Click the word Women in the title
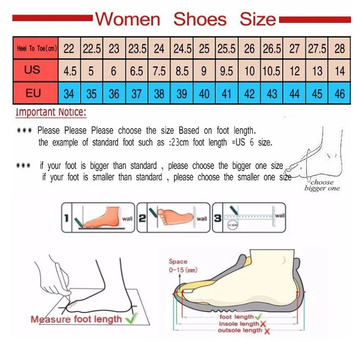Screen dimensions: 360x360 tap(128, 19)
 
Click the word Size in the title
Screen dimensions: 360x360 tap(257, 19)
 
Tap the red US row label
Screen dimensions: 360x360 tap(33, 71)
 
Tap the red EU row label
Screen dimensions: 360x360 tap(33, 94)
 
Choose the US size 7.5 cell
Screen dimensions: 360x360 tap(159, 71)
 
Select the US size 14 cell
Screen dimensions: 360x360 tap(340, 71)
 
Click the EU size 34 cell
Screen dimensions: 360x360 tap(69, 94)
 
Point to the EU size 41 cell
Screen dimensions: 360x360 tap(227, 94)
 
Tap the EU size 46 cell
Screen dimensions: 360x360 tap(340, 94)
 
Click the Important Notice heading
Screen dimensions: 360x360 tap(50, 112)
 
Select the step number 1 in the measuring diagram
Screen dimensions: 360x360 tap(66, 218)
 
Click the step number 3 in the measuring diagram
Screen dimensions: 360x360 tap(217, 218)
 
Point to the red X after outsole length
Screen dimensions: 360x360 tap(267, 331)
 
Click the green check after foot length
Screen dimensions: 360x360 tap(258, 317)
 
